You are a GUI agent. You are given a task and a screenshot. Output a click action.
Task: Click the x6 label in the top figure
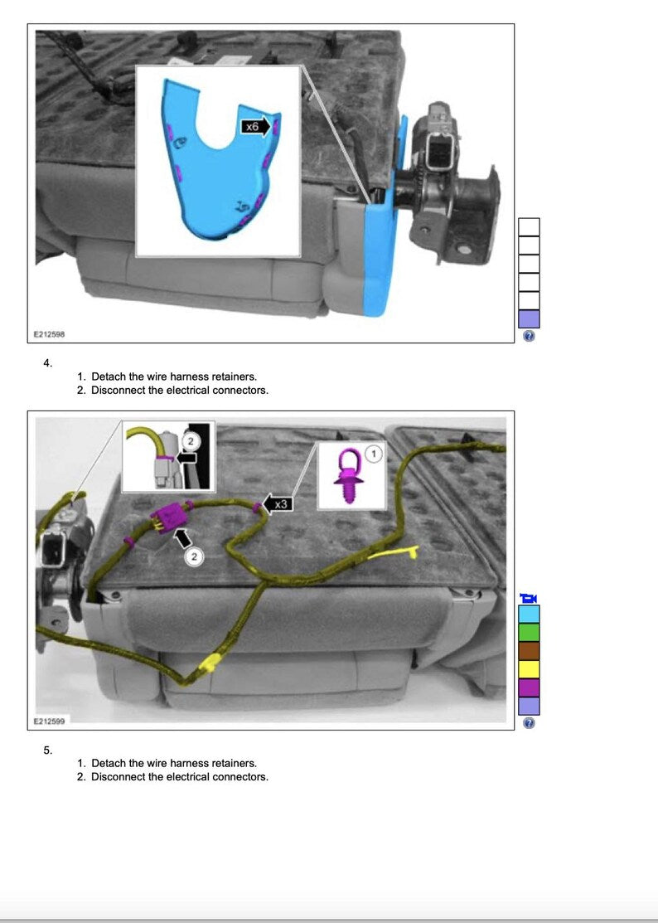pyautogui.click(x=252, y=127)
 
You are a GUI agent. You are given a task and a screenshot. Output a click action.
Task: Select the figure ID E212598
pyautogui.click(x=49, y=334)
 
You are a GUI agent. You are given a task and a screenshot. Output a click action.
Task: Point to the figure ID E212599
pyautogui.click(x=49, y=721)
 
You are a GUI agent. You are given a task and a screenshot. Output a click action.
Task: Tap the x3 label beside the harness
pyautogui.click(x=281, y=504)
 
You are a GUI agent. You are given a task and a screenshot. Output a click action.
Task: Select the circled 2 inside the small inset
pyautogui.click(x=190, y=440)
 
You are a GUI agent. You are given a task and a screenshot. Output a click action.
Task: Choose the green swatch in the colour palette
pyautogui.click(x=530, y=632)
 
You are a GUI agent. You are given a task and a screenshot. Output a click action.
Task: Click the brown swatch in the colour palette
pyautogui.click(x=530, y=650)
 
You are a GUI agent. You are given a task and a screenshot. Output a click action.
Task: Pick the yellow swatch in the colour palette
pyautogui.click(x=530, y=669)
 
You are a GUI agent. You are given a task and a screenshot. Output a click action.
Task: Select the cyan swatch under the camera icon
pyautogui.click(x=530, y=614)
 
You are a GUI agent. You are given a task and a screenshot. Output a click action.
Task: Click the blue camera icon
pyautogui.click(x=529, y=599)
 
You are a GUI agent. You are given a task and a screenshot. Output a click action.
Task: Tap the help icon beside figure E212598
pyautogui.click(x=529, y=336)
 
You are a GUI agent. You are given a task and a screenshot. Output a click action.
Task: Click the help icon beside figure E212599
pyautogui.click(x=529, y=723)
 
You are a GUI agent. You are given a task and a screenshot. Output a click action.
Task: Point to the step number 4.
pyautogui.click(x=47, y=363)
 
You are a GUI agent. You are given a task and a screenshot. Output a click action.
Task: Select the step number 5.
pyautogui.click(x=47, y=750)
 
